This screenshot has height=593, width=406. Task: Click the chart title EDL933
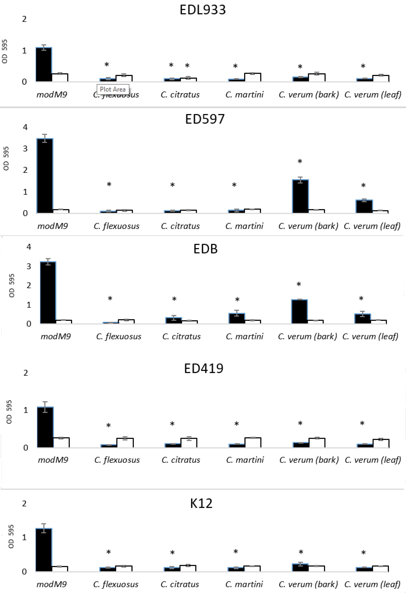203,10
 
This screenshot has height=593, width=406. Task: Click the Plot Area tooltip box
113,89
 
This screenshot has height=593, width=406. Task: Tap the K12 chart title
201,503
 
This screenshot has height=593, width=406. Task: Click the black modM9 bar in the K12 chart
44,550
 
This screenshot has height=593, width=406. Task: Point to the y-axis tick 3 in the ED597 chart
25,148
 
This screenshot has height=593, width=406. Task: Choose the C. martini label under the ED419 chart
245,460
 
